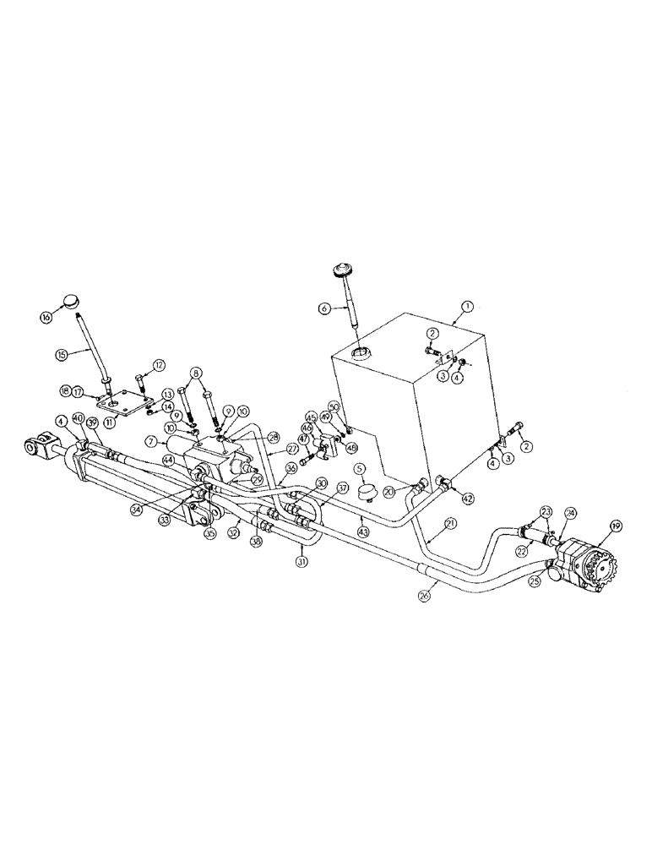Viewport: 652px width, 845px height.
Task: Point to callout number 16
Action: coord(46,316)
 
